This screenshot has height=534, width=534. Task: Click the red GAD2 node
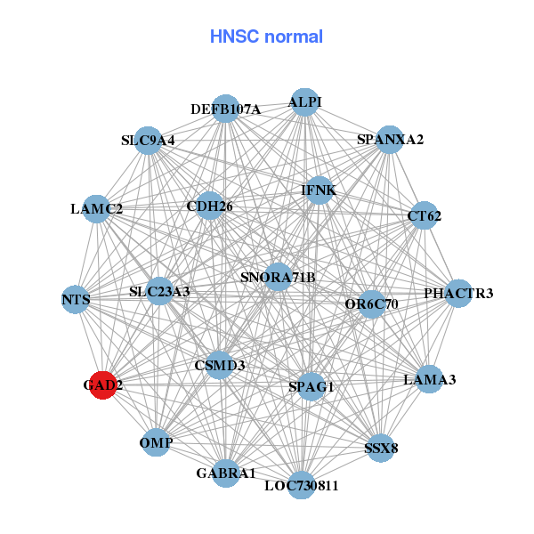tap(102, 385)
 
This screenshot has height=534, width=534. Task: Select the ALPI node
tap(305, 101)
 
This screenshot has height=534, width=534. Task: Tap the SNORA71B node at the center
tap(278, 277)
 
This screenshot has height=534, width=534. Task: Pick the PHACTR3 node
tap(457, 294)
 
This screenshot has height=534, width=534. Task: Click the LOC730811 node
tap(301, 485)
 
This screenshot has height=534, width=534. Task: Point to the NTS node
tap(77, 300)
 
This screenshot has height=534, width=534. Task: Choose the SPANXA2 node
tap(389, 140)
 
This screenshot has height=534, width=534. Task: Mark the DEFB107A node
tap(226, 109)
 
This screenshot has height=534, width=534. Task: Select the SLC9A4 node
tap(149, 141)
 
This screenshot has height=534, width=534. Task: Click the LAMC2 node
tap(97, 209)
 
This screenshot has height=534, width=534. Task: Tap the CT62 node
tap(424, 215)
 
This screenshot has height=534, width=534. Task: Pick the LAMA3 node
tap(429, 379)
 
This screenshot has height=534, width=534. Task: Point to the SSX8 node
tap(381, 447)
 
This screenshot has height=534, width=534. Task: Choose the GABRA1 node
tap(226, 473)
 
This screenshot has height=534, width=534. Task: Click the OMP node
tap(157, 442)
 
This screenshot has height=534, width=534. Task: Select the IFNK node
tap(319, 190)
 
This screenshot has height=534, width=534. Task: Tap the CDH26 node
tap(210, 206)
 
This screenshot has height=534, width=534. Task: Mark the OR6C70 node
tap(371, 304)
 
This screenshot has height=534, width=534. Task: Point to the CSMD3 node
tap(220, 365)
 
